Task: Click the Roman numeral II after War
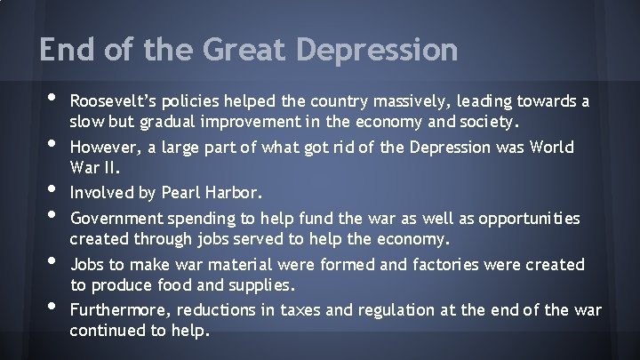tap(116, 166)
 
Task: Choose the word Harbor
tap(225, 191)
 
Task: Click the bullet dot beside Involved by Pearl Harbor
tap(47, 191)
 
